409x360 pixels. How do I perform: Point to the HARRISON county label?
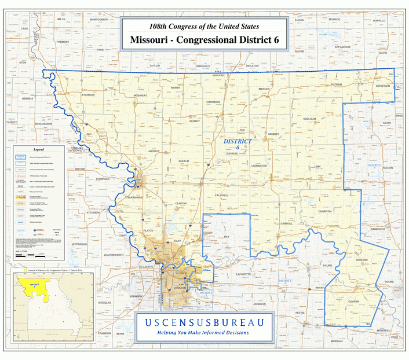pos(213,102)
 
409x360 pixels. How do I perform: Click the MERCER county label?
pos(264,89)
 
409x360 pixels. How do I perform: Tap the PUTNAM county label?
pos(337,85)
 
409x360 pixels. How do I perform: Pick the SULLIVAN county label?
pos(310,118)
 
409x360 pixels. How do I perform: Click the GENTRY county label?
pos(195,121)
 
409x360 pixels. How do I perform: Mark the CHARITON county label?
pos(325,211)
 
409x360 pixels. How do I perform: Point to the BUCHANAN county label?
pos(134,197)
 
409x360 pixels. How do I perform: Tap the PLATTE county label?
pos(148,230)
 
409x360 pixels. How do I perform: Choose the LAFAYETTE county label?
pos(244,274)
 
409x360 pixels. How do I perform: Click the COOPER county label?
pos(353,301)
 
